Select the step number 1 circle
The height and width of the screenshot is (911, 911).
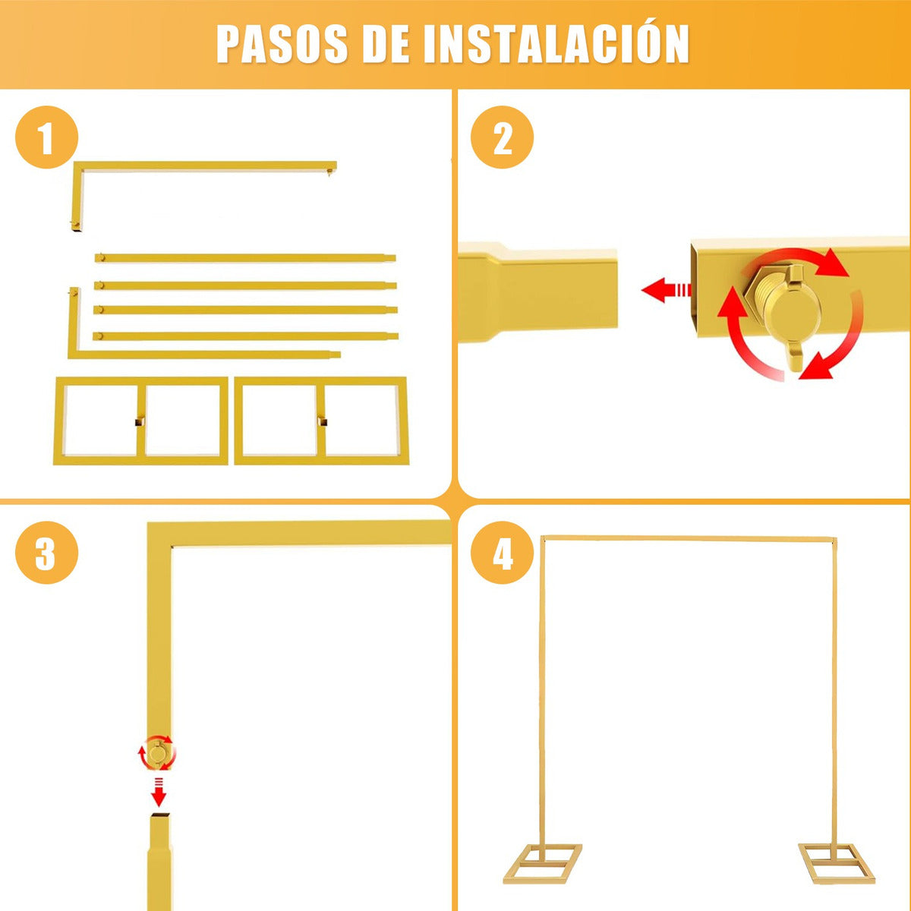coord(46,139)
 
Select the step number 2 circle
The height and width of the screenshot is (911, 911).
coord(502,139)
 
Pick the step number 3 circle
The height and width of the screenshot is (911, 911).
coord(46,553)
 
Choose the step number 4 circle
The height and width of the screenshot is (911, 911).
coord(502,553)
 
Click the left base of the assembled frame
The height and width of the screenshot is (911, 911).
coord(541,862)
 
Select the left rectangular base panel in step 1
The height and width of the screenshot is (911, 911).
coord(140,421)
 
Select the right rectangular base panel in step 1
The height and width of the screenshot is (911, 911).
coord(321,421)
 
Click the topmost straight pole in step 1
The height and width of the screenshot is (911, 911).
coord(245,258)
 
